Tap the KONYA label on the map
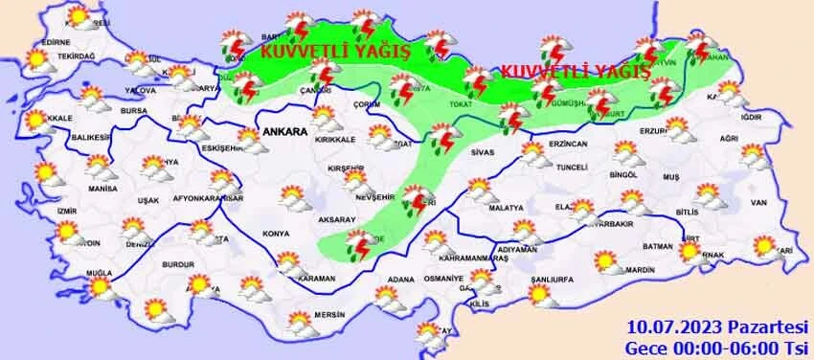275,234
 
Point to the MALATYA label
505,208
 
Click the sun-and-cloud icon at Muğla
100,286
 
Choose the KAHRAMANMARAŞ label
459,259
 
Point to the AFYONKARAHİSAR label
211,199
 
